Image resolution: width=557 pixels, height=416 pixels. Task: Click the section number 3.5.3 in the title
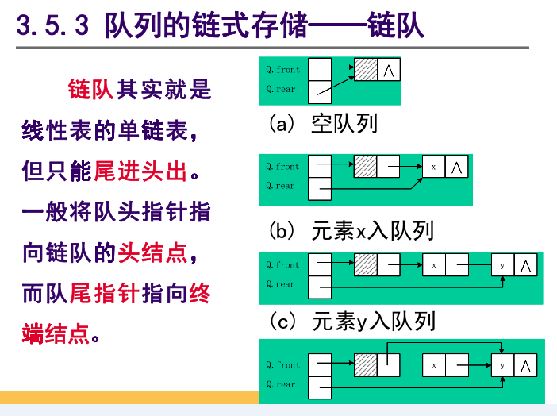54,25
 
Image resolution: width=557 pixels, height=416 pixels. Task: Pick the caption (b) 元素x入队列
351,231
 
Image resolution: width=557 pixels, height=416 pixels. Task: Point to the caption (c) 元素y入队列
351,322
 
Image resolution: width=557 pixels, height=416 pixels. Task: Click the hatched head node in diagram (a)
366,70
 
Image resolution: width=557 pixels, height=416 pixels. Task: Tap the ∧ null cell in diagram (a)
389,70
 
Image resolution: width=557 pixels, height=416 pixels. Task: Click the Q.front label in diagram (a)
282,70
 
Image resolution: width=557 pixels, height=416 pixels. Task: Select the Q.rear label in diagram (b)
280,186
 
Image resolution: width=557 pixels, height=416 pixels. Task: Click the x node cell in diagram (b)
433,167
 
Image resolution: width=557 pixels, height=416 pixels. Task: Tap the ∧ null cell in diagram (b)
457,167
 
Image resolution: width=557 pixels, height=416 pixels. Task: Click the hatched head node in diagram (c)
366,265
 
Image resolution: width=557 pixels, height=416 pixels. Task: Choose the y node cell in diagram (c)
502,265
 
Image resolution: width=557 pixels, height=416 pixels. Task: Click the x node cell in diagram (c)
433,265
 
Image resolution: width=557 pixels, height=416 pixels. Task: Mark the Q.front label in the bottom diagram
282,365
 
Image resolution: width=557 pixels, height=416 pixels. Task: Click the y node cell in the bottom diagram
502,365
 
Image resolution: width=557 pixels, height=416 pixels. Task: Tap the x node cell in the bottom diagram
433,365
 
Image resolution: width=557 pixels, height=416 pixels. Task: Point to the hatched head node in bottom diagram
366,365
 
